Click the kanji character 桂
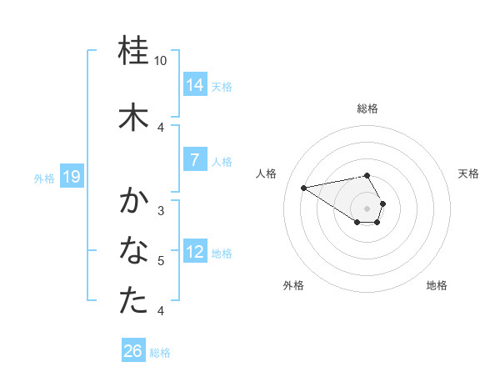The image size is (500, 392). pyautogui.click(x=134, y=52)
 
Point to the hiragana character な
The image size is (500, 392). pyautogui.click(x=134, y=250)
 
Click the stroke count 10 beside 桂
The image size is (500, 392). pyautogui.click(x=161, y=61)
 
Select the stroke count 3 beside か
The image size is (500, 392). pyautogui.click(x=161, y=210)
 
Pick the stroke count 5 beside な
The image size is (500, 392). pyautogui.click(x=161, y=261)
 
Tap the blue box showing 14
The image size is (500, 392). pyautogui.click(x=195, y=84)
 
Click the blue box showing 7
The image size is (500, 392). pyautogui.click(x=195, y=160)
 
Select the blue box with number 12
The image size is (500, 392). pyautogui.click(x=195, y=252)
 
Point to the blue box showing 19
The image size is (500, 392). pyautogui.click(x=72, y=177)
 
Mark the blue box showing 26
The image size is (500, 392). pyautogui.click(x=133, y=352)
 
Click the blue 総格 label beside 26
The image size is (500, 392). pyautogui.click(x=160, y=353)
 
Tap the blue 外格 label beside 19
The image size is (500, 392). pyautogui.click(x=44, y=178)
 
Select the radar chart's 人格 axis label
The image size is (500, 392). pyautogui.click(x=267, y=173)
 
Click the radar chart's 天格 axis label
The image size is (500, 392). pyautogui.click(x=468, y=173)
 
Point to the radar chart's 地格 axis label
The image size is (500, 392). pyautogui.click(x=437, y=285)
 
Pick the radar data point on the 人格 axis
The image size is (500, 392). pyautogui.click(x=304, y=187)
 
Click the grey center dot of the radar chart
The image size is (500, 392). pyautogui.click(x=367, y=208)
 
